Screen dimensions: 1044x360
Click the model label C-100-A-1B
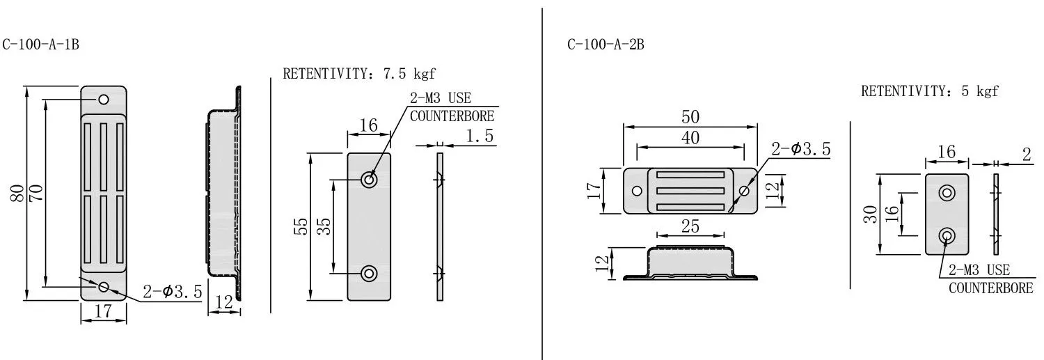(x=40, y=45)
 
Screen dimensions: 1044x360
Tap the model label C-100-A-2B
(x=606, y=45)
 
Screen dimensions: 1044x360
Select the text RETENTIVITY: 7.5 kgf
(x=359, y=74)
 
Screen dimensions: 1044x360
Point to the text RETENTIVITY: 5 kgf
(x=929, y=91)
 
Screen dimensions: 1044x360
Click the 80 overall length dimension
(x=17, y=193)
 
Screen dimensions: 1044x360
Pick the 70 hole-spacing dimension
(x=36, y=193)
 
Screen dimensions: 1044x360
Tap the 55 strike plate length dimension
(x=301, y=226)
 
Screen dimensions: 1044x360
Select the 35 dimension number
(x=324, y=226)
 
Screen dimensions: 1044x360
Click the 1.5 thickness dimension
(x=480, y=136)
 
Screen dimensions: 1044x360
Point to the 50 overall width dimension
(x=690, y=116)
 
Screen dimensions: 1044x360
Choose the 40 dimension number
(x=690, y=138)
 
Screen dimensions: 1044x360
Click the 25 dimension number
(x=690, y=226)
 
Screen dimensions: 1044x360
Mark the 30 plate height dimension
(x=870, y=214)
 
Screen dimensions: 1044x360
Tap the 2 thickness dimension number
(x=1027, y=155)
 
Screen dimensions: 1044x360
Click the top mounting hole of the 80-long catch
(x=104, y=100)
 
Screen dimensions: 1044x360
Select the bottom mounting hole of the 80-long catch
(x=104, y=287)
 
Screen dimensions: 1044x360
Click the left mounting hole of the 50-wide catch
(x=637, y=191)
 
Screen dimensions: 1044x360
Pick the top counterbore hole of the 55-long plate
(x=369, y=180)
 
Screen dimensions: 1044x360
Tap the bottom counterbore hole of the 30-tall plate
(x=947, y=236)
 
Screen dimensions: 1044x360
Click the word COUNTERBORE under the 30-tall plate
(x=991, y=288)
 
